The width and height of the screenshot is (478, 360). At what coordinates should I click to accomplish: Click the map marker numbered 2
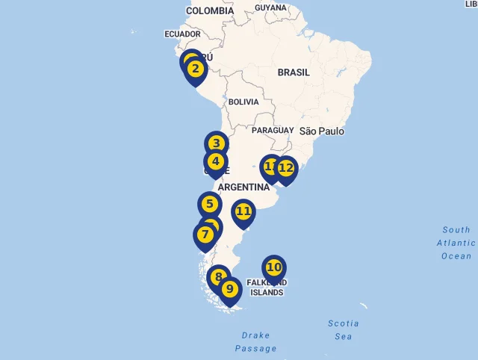point(195,69)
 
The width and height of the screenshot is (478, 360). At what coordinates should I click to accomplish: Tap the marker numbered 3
point(216,143)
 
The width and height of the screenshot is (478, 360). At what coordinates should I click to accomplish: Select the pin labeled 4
point(216,161)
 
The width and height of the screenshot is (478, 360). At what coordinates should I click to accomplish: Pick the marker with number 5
point(210,204)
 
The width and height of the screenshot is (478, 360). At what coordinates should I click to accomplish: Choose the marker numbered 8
point(218,277)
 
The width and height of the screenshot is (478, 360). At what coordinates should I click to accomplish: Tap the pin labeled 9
point(229,288)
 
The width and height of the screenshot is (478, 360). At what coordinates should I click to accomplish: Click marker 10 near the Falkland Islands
point(274,267)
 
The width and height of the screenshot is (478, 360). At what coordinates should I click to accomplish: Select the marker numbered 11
point(243,211)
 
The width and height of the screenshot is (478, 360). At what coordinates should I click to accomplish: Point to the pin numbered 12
point(285,168)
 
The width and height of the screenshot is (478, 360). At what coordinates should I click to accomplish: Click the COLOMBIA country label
point(209,10)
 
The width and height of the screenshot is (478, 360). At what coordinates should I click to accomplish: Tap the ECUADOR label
point(182,34)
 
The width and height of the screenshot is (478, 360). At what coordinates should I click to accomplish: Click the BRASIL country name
point(294,72)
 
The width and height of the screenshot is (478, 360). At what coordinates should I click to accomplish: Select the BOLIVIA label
point(243,102)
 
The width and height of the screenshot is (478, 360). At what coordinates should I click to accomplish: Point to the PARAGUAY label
point(273,130)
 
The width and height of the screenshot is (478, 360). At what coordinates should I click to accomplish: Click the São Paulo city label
point(322,131)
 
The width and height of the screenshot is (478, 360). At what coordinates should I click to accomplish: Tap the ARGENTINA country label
point(249,187)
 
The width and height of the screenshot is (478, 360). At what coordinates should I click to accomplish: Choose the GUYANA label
point(270,7)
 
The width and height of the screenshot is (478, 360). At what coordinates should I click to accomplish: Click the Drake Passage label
point(255,342)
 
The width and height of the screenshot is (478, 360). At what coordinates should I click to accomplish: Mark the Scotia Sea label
point(344,329)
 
